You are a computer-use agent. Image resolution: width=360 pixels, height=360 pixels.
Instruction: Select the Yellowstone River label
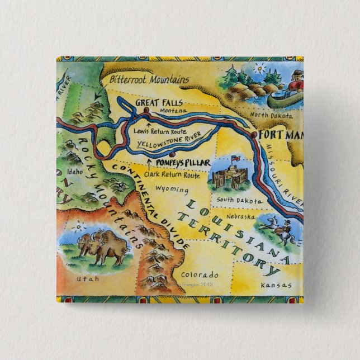[x=169, y=142]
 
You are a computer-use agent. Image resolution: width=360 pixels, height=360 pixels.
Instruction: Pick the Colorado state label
[x=200, y=275]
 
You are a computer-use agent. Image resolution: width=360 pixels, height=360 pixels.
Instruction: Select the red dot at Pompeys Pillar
[x=173, y=155]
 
